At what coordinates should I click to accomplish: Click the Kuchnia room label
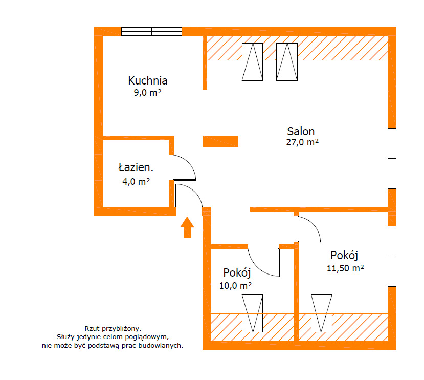148,80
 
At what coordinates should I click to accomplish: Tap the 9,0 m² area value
148,93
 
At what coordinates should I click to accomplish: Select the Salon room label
301,132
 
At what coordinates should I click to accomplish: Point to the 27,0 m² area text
302,142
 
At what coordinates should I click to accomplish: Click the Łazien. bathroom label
136,167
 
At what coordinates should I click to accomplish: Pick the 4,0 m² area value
136,181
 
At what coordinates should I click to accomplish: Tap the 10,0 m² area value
235,285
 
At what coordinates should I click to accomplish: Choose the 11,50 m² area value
345,268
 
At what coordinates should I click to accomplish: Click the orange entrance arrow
187,227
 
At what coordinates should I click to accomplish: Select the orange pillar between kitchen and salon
220,141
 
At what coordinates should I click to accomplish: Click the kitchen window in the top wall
151,31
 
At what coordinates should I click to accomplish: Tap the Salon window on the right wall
392,158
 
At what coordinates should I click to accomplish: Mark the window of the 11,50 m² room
392,256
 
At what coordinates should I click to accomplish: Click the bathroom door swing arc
189,162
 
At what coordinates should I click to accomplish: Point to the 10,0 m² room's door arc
257,268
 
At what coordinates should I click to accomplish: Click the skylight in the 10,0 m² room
252,313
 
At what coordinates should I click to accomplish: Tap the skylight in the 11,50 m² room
322,313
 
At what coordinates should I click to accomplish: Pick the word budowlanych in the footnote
160,346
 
